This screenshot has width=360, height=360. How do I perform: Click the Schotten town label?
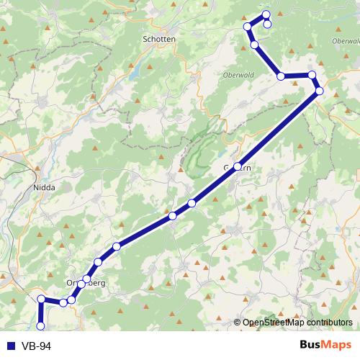click(160, 40)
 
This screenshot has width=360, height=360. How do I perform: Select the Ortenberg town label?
click(86, 283)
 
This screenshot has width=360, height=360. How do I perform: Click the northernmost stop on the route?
click(266, 14)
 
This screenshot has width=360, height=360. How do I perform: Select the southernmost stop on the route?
click(40, 326)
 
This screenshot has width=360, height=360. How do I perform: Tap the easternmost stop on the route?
click(319, 90)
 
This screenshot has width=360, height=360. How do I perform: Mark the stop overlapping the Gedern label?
click(238, 166)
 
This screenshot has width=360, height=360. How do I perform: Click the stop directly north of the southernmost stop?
click(42, 299)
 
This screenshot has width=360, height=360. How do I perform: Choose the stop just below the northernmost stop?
click(267, 24)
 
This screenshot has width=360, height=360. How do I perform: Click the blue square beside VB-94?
click(10, 346)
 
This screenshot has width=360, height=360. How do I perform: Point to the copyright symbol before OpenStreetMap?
click(238, 322)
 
